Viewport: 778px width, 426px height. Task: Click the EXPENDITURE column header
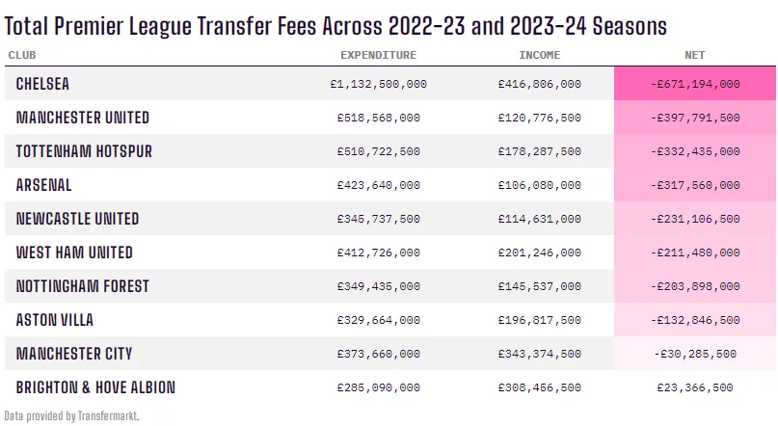click(x=378, y=55)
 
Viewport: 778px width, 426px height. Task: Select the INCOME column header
click(x=539, y=55)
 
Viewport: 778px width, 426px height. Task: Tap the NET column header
click(x=695, y=55)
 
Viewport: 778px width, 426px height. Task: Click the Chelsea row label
click(x=42, y=84)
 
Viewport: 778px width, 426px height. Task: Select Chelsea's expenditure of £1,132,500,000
click(x=378, y=84)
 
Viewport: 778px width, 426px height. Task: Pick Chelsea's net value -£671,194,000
click(x=695, y=84)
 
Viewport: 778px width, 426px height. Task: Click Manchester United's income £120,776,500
click(x=539, y=118)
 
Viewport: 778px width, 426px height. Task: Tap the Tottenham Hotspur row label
click(x=84, y=151)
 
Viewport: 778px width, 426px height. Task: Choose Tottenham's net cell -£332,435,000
click(x=695, y=151)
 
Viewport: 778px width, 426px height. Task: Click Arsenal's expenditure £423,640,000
click(x=378, y=185)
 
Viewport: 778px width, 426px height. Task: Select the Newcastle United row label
click(x=77, y=219)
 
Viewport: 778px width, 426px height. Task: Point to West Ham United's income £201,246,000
click(x=539, y=253)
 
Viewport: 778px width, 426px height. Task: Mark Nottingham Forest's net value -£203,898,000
click(x=695, y=286)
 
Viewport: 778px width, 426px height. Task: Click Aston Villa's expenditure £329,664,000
click(x=378, y=320)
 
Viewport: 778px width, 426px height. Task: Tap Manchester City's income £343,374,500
click(x=539, y=354)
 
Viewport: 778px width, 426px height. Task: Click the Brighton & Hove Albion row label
click(x=95, y=387)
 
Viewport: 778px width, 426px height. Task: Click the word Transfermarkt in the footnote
click(x=108, y=415)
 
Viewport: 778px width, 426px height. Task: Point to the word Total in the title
click(x=30, y=23)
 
